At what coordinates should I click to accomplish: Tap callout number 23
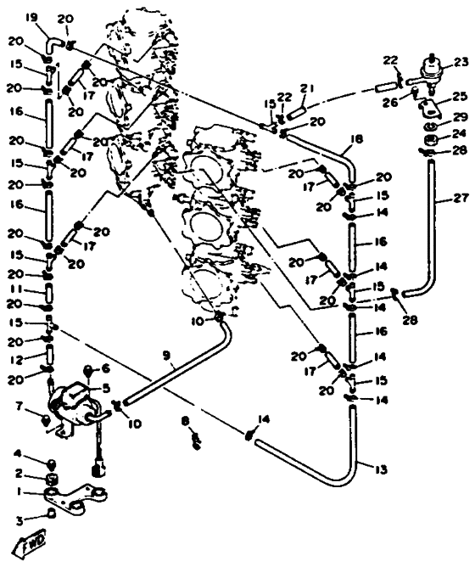click(x=461, y=63)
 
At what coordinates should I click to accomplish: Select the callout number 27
click(x=461, y=198)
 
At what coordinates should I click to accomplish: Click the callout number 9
click(x=166, y=356)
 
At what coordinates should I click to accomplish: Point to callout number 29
click(x=461, y=117)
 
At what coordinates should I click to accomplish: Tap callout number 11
click(x=17, y=289)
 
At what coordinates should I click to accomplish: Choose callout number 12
click(x=17, y=360)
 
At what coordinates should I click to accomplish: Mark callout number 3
click(x=19, y=520)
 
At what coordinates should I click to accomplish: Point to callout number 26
click(x=391, y=102)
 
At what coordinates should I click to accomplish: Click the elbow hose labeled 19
click(x=53, y=45)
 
